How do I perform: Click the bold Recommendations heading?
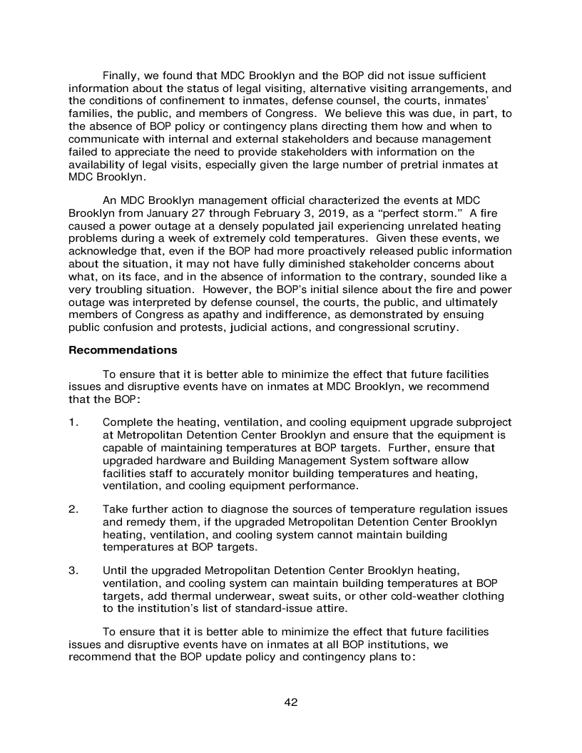tap(123, 351)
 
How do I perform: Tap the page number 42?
tap(291, 702)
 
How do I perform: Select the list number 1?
tap(73, 423)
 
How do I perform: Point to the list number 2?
tap(73, 509)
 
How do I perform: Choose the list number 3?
tap(73, 570)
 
